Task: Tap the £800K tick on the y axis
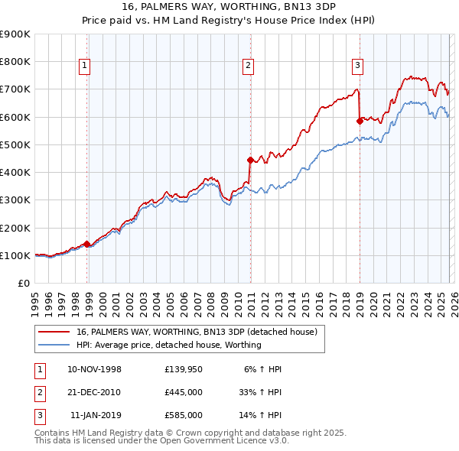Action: pos(15,62)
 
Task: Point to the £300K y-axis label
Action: pos(15,200)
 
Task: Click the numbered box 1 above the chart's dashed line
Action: pos(84,67)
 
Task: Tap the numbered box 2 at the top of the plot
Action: pos(249,67)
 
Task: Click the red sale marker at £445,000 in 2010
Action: pos(250,160)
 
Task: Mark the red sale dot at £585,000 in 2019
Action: pos(360,121)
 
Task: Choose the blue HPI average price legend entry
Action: pos(169,345)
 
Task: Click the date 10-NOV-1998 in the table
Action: pos(95,369)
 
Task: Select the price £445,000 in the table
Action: pos(184,392)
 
